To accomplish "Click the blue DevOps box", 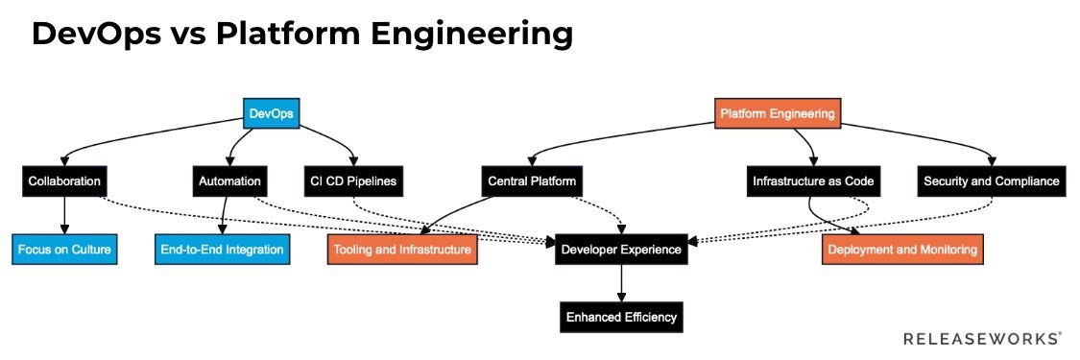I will pyautogui.click(x=271, y=114).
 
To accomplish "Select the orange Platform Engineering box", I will pyautogui.click(x=778, y=114).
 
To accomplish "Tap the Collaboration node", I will pyautogui.click(x=64, y=180).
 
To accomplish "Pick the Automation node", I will pyautogui.click(x=230, y=180).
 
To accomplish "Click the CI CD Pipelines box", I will pyautogui.click(x=353, y=180).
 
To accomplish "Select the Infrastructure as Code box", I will pyautogui.click(x=812, y=180).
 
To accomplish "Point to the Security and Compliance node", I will pyautogui.click(x=991, y=180).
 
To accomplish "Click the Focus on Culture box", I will pyautogui.click(x=64, y=250).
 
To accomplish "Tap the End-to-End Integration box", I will pyautogui.click(x=222, y=250).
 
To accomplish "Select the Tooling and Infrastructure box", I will pyautogui.click(x=402, y=250).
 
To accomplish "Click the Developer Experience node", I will pyautogui.click(x=622, y=250).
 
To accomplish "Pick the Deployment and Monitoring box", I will pyautogui.click(x=902, y=250).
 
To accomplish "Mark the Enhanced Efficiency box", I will pyautogui.click(x=622, y=317).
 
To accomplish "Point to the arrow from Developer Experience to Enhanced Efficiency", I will pyautogui.click(x=622, y=283).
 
